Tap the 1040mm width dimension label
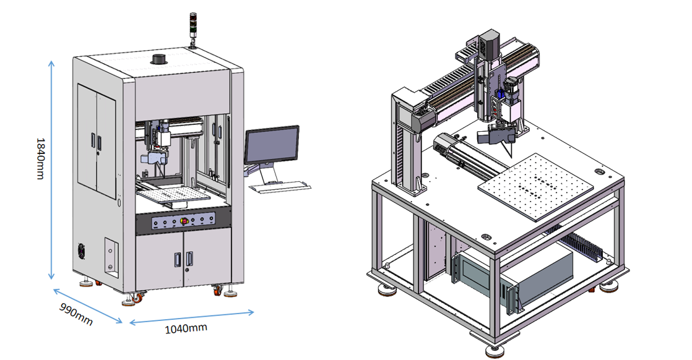pyautogui.click(x=186, y=328)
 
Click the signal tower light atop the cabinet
pyautogui.click(x=192, y=27)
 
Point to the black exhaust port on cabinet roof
pyautogui.click(x=158, y=59)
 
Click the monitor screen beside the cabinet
pyautogui.click(x=272, y=145)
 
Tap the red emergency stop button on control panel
pyautogui.click(x=184, y=221)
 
